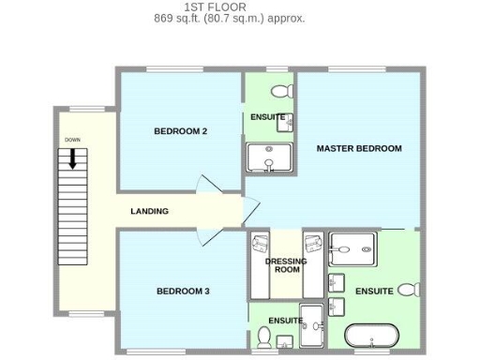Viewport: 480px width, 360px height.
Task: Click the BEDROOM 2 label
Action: (180, 131)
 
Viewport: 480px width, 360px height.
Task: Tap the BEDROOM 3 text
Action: (182, 292)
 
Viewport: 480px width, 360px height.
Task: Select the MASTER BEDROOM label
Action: (358, 148)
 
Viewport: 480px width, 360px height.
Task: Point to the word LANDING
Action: (149, 212)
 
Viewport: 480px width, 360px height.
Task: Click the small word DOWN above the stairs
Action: (72, 140)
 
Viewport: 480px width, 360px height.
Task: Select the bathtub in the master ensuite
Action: (370, 336)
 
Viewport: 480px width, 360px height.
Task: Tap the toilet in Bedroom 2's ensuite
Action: (277, 92)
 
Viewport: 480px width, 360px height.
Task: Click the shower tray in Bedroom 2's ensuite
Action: (269, 157)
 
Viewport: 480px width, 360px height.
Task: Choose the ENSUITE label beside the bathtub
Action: (374, 292)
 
